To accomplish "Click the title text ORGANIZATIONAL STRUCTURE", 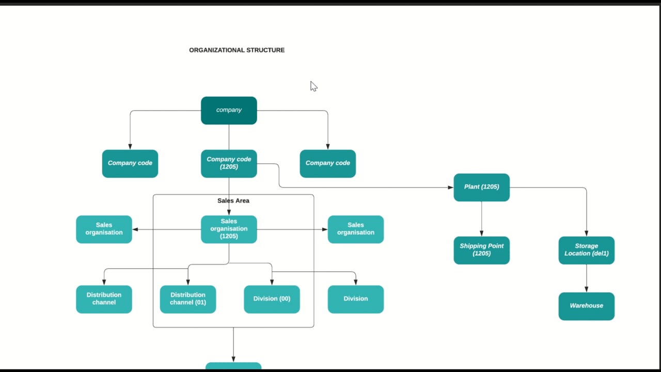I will (x=237, y=50).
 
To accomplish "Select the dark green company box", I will (x=229, y=110).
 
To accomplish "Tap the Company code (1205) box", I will (x=229, y=163).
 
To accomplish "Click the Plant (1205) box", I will (x=481, y=187).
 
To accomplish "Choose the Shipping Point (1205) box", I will (x=481, y=250).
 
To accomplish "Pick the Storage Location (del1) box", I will (x=586, y=250).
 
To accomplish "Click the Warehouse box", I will (x=586, y=306).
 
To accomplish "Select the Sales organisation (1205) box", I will (x=229, y=229).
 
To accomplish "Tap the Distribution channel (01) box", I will (x=187, y=299).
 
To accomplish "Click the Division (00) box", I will (x=272, y=299).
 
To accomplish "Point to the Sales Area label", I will (x=233, y=200).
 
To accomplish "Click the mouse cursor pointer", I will (x=313, y=86).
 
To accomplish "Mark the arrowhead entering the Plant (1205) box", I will (x=450, y=187).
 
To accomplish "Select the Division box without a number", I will (x=355, y=299).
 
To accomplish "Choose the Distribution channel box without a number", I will (x=104, y=299).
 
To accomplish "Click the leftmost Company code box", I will (x=130, y=163).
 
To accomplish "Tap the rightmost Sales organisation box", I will (x=355, y=229).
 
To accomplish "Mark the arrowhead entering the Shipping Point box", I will (x=481, y=234).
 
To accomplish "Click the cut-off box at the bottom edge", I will (x=233, y=366).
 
